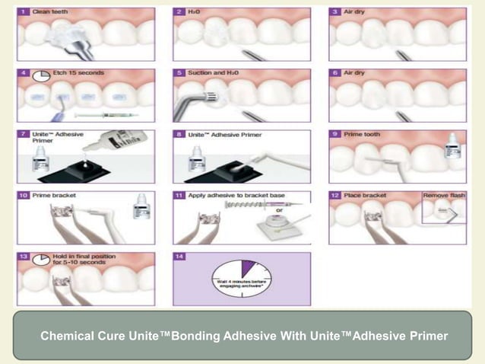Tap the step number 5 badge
pos(179,73)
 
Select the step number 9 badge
pos(334,135)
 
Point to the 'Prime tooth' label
pos(362,135)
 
